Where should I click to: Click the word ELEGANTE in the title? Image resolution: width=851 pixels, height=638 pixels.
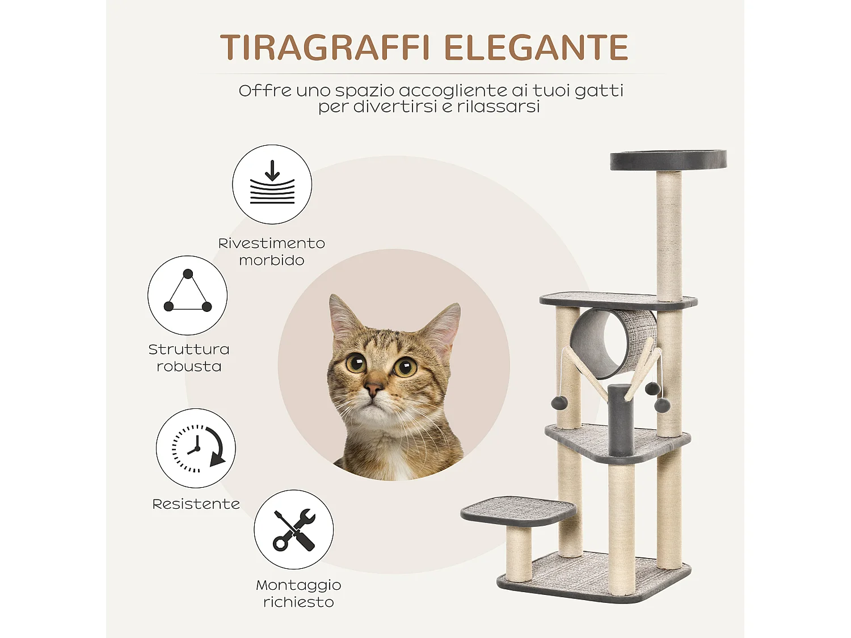coord(536,48)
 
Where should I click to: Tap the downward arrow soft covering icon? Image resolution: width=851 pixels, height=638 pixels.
coord(272,184)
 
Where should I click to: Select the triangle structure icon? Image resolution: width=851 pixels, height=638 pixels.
coord(187,295)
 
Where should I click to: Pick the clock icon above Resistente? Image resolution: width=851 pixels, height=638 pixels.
coord(196,448)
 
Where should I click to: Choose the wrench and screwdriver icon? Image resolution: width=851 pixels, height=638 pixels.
coord(293,530)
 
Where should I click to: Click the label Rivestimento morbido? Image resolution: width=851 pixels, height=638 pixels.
coord(271,252)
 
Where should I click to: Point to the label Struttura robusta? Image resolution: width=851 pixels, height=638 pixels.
coord(188,358)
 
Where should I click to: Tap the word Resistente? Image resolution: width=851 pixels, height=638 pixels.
coord(196,504)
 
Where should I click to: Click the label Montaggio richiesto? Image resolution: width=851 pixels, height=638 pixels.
coord(298,593)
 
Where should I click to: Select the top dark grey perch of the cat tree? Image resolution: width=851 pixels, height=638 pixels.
coord(668,160)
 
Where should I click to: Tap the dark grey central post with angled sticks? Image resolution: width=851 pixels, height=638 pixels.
coord(621,420)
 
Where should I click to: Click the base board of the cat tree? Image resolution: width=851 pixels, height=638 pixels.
coord(593,578)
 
